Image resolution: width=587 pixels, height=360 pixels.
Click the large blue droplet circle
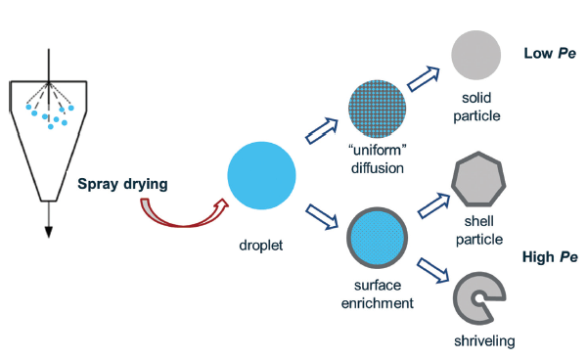click(x=261, y=174)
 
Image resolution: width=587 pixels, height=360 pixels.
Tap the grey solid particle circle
click(x=476, y=55)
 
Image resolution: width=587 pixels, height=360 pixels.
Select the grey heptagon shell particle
click(x=479, y=185)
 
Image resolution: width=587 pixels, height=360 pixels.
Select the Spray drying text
click(x=123, y=182)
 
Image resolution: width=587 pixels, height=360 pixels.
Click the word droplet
click(x=260, y=244)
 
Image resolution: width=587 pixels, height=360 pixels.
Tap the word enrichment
click(x=379, y=303)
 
